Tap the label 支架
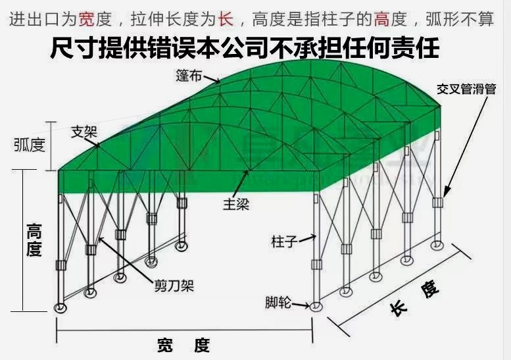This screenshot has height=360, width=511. (x=84, y=130)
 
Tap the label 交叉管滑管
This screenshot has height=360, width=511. (x=466, y=89)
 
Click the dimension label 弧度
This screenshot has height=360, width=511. (x=29, y=145)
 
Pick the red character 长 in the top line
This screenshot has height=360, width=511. (x=226, y=19)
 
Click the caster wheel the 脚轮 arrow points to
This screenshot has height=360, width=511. (x=316, y=306)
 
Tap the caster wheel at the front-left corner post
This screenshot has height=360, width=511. (x=61, y=308)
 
